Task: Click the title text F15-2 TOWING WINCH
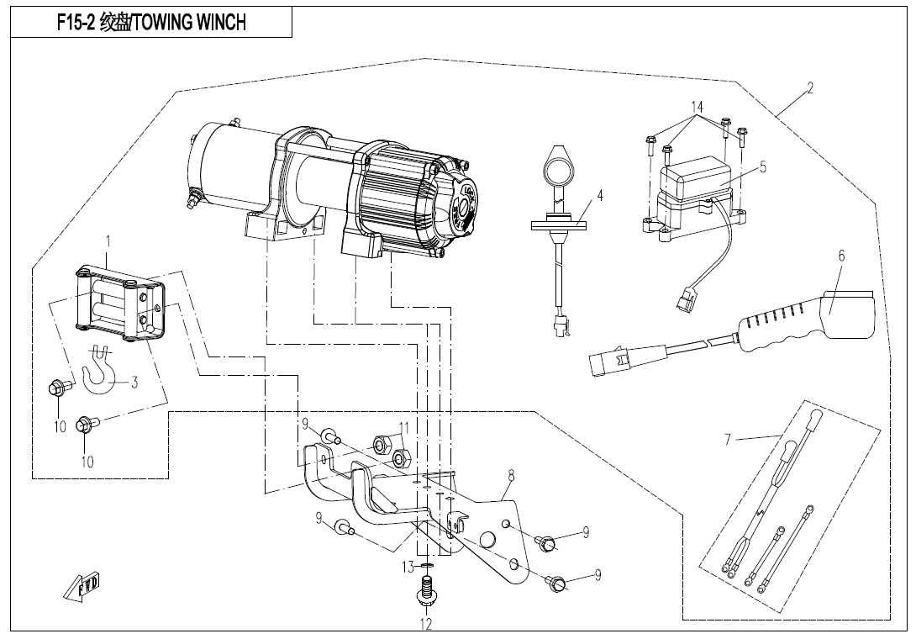click(151, 23)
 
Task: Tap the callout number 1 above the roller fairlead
click(108, 241)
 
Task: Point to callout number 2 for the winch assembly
click(808, 88)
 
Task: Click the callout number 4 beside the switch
click(600, 195)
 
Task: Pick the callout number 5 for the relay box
click(762, 167)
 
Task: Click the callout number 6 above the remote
click(840, 256)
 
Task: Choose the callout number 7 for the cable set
click(729, 438)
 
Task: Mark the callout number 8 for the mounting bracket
click(510, 476)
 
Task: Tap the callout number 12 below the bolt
click(426, 624)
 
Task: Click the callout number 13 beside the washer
click(408, 568)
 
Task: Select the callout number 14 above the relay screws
click(696, 107)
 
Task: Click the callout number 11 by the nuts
click(404, 427)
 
